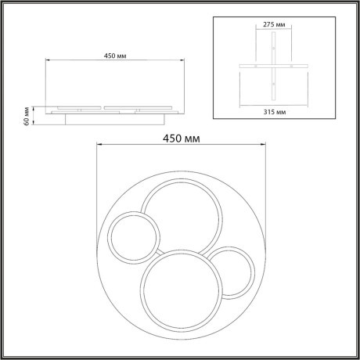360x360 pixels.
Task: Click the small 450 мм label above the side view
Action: click(113, 55)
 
